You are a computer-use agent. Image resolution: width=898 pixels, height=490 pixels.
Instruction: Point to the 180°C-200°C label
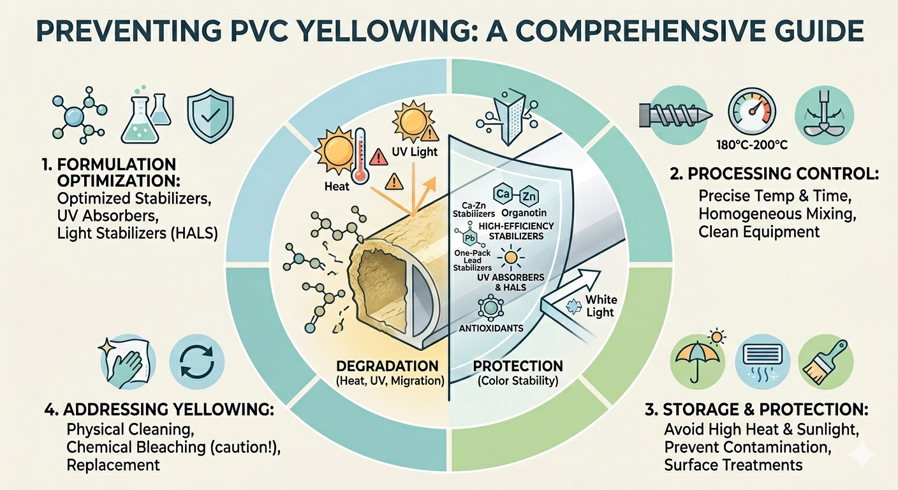(751, 145)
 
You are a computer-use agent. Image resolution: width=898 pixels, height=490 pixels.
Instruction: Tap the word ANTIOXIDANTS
(491, 328)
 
